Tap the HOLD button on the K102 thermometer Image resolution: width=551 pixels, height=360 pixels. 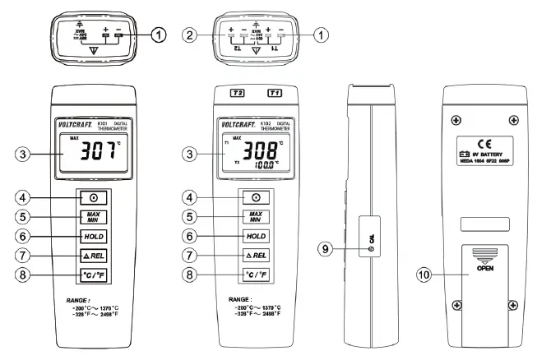coord(257,236)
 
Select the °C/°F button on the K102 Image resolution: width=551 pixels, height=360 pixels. coord(257,275)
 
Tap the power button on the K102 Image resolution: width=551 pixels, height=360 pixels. coord(257,197)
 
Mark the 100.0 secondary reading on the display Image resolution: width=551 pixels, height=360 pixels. coord(265,164)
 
